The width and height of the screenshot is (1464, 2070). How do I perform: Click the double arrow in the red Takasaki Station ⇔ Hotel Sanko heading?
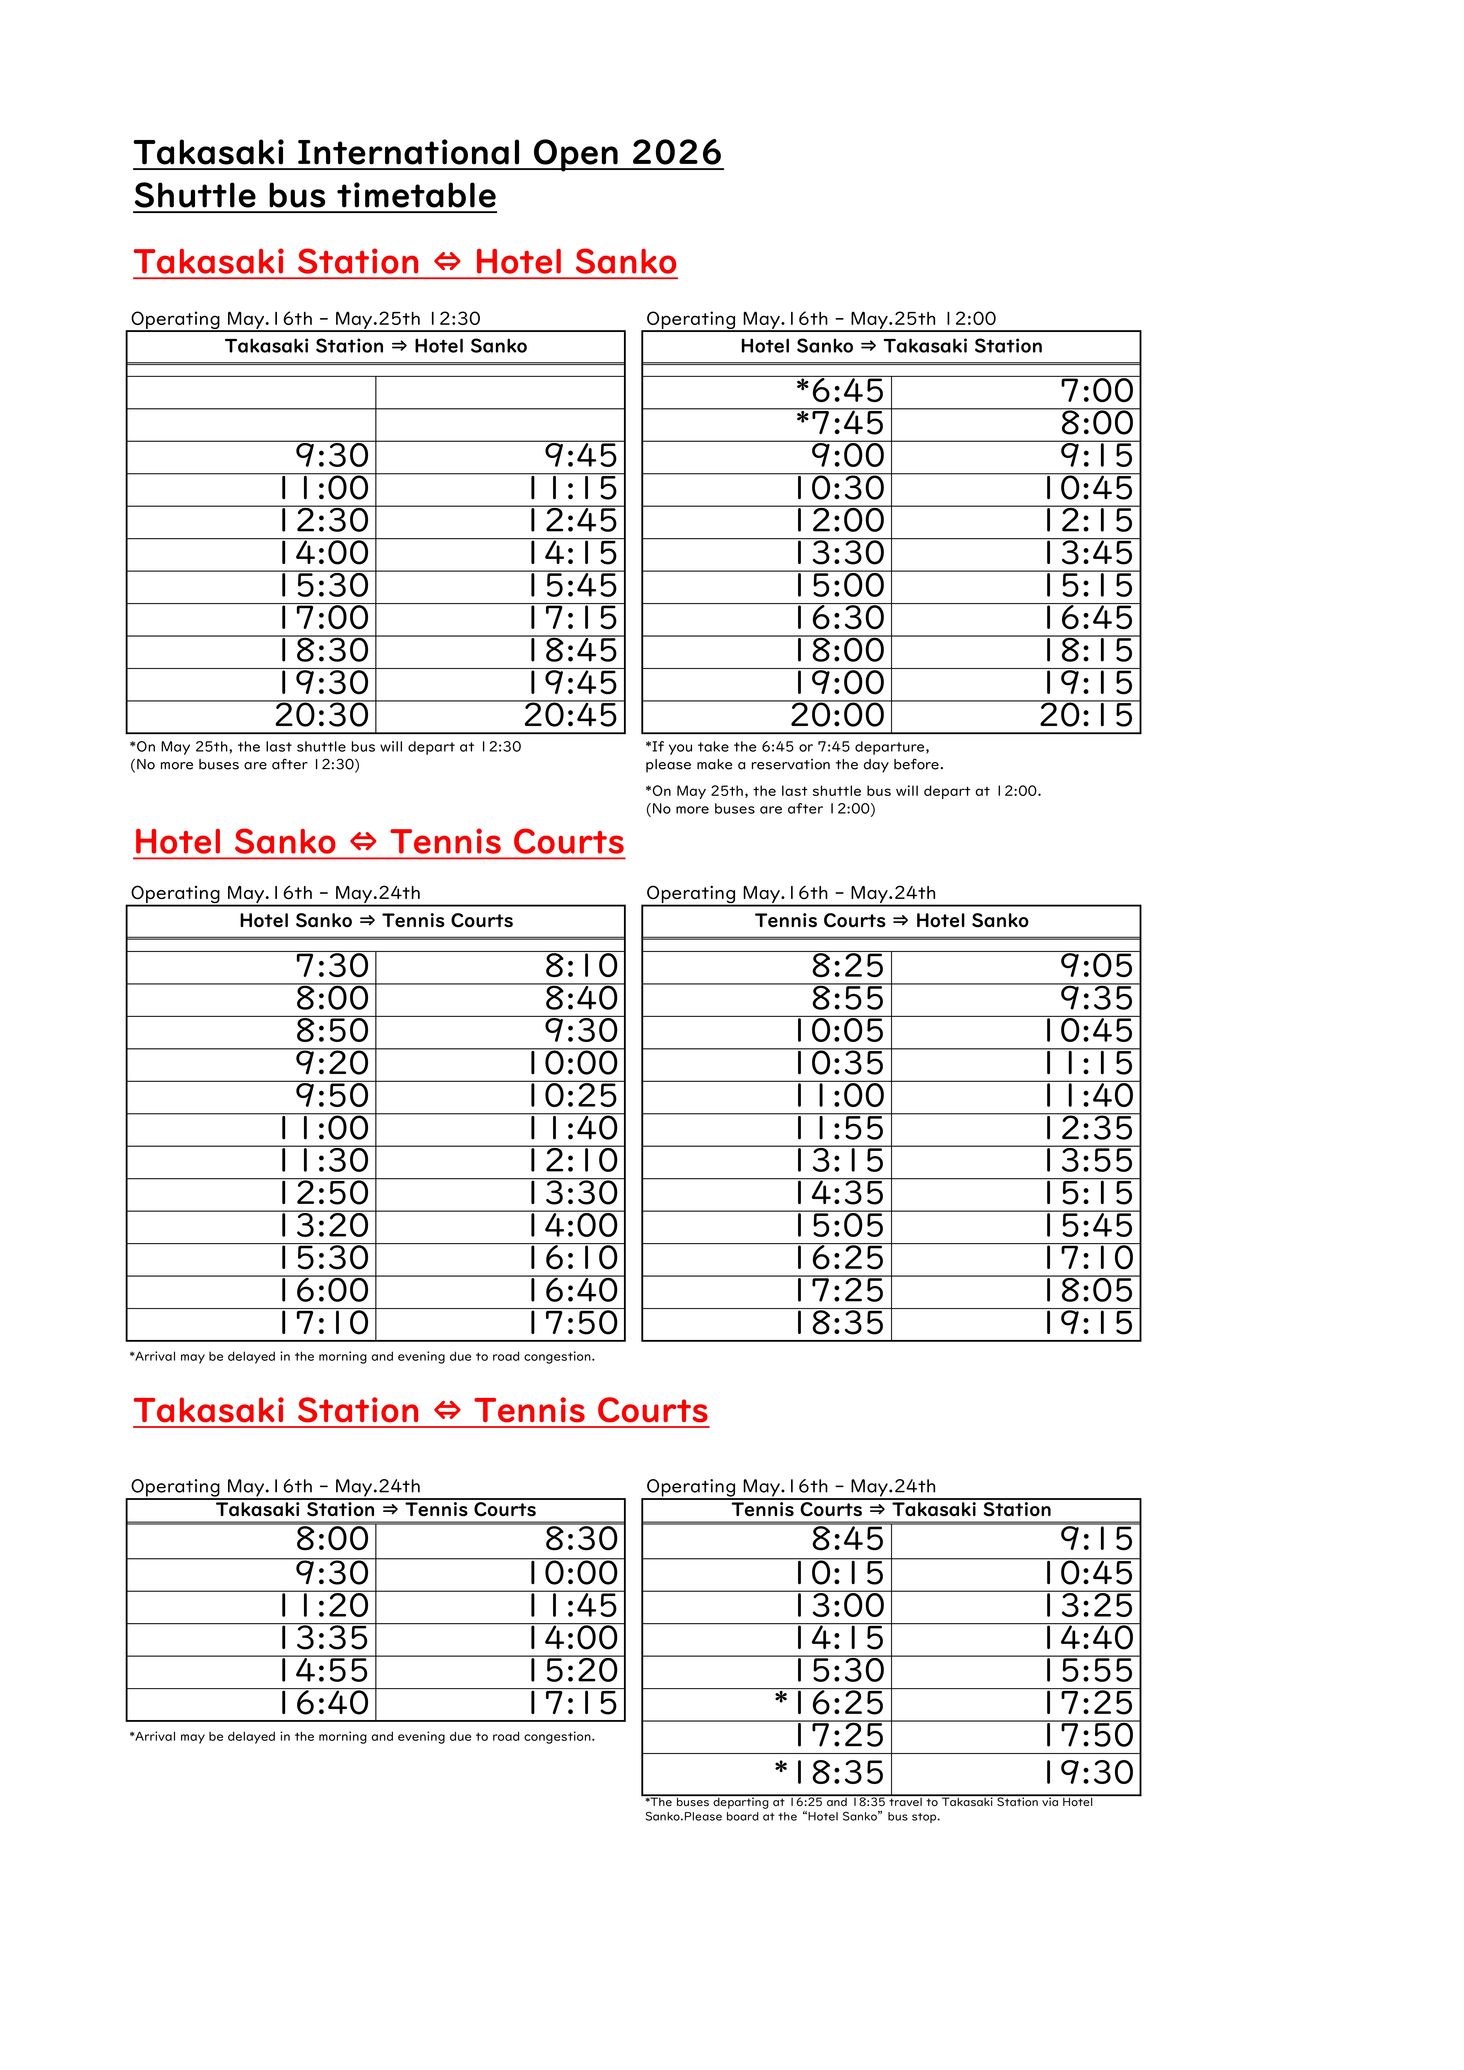(447, 262)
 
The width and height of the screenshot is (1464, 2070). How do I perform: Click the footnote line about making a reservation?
(793, 765)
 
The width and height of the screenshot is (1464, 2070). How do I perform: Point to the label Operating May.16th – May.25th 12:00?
(820, 318)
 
